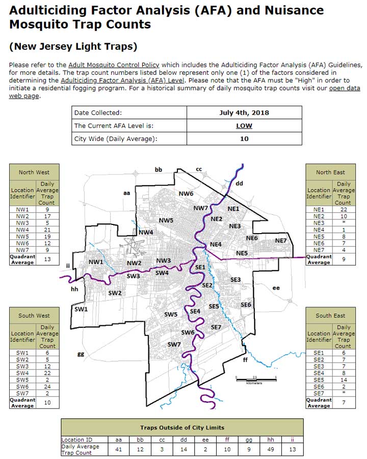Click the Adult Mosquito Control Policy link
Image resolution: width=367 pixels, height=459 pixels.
tap(114, 65)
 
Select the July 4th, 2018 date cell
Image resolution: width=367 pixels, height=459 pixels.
tap(244, 112)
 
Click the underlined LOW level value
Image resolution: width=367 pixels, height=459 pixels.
tap(244, 126)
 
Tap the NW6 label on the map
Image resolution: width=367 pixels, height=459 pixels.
tap(186, 194)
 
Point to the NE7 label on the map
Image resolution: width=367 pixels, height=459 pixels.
tap(281, 241)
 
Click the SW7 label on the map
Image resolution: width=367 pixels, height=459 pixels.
tap(174, 345)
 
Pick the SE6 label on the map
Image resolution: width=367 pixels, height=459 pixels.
tap(246, 304)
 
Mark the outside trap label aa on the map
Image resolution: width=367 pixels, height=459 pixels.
tap(127, 193)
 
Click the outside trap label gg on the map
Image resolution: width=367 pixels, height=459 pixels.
tap(80, 354)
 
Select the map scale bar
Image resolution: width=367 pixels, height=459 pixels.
tap(256, 378)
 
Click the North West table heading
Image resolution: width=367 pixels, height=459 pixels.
tap(34, 172)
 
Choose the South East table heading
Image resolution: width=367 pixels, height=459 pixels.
tap(330, 315)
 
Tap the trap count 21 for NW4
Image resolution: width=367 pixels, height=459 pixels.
tap(47, 230)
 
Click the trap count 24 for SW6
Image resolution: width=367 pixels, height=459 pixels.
tap(47, 386)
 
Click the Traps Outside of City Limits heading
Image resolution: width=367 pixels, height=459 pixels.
tap(182, 427)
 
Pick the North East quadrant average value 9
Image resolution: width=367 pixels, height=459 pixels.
tap(344, 260)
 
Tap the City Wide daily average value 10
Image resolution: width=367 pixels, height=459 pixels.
tap(244, 138)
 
